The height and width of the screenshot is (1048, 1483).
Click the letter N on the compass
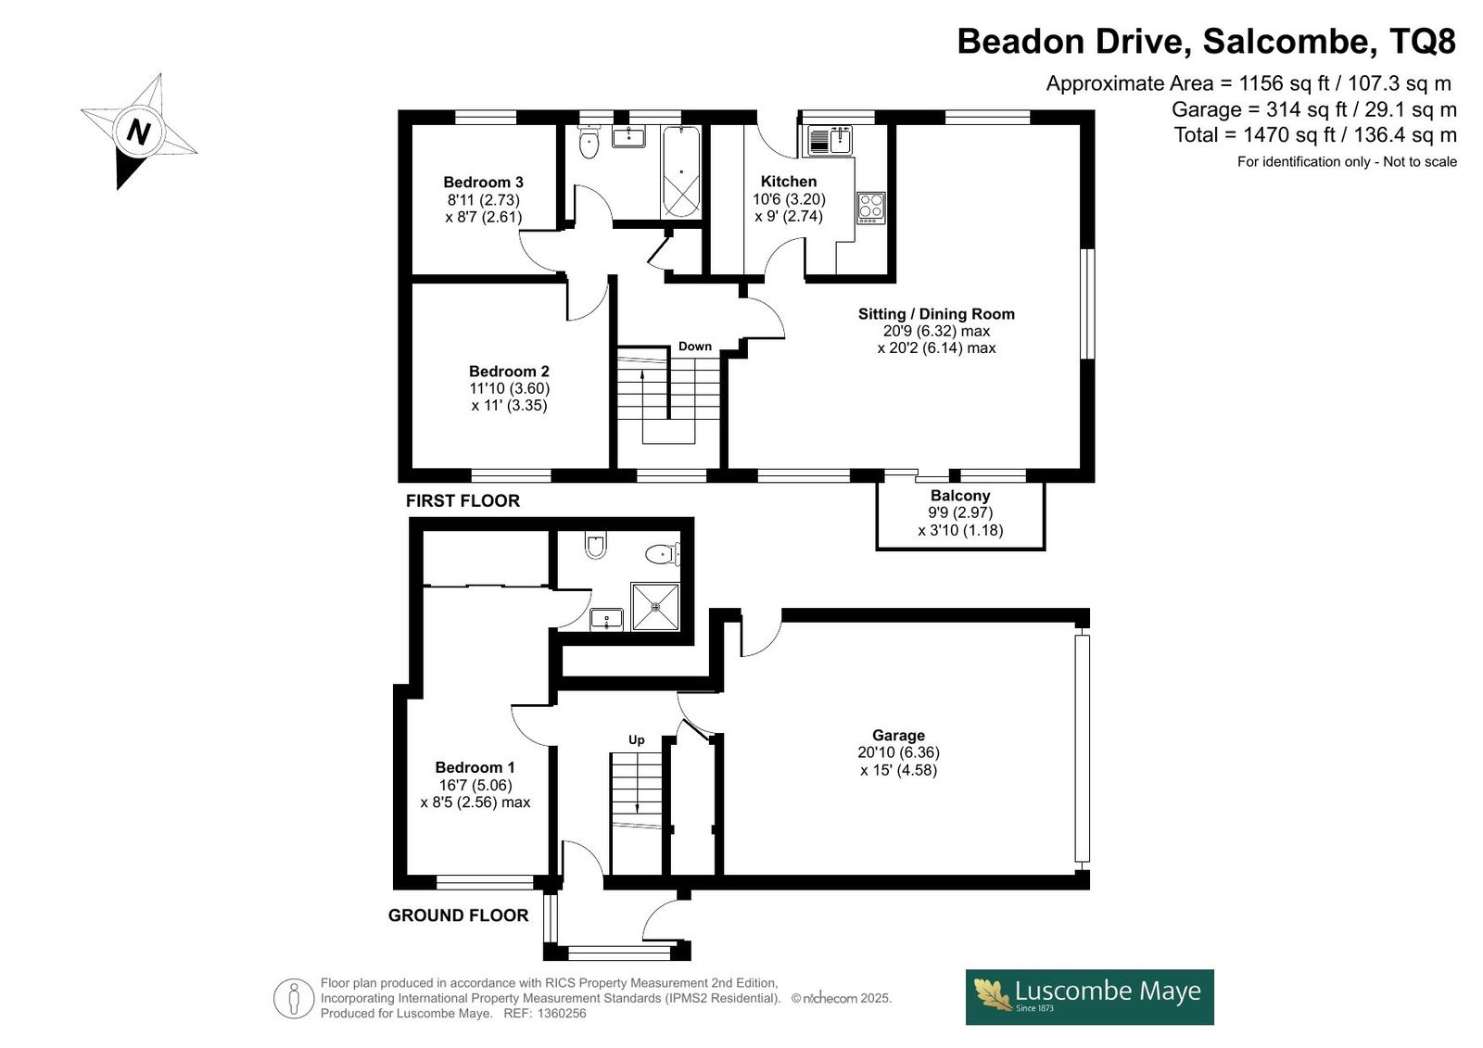(x=138, y=131)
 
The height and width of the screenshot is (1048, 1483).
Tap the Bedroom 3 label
(x=483, y=182)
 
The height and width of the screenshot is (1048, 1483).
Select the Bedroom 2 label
(x=509, y=372)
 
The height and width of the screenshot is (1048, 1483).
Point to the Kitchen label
(x=789, y=182)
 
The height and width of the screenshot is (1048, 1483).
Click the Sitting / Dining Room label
(x=936, y=314)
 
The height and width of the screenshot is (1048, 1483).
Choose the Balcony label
(x=960, y=495)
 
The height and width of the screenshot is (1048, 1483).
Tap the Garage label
(x=898, y=735)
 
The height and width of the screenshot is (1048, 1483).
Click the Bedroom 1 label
(x=475, y=767)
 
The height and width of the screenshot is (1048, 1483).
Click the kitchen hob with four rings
(x=870, y=208)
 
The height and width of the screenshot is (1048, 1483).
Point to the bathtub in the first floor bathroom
(x=680, y=171)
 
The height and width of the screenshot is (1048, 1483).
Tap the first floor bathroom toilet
(x=588, y=142)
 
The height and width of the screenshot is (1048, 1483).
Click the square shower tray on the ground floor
(x=654, y=606)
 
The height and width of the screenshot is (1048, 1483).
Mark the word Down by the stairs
(x=694, y=347)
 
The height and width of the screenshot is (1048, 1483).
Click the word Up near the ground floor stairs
(x=636, y=740)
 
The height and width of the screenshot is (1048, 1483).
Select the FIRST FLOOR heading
(x=463, y=501)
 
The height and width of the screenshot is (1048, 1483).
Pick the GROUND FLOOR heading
(x=458, y=915)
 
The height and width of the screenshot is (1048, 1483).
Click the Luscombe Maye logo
(x=1089, y=997)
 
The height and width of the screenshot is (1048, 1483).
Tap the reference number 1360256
(x=562, y=1014)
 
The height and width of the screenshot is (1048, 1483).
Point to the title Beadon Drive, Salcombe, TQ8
(x=1206, y=41)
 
